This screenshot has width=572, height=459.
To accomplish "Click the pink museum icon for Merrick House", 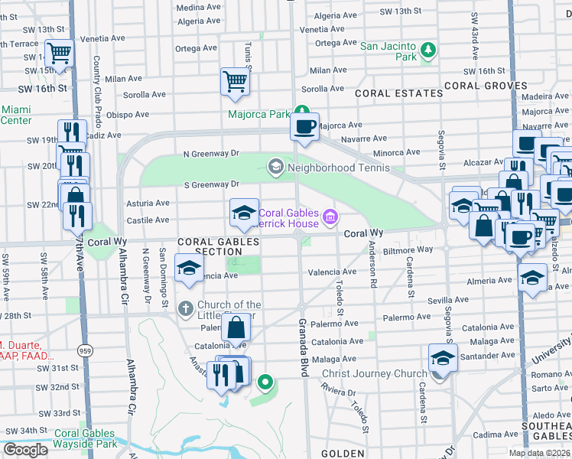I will point(330,218).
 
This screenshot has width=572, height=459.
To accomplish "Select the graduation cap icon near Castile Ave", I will point(244,213).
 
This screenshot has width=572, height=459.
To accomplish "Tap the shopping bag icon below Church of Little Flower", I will point(236,327).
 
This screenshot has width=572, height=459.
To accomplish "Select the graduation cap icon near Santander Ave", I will point(443,358).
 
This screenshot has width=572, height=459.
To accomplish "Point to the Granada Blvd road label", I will point(303,348).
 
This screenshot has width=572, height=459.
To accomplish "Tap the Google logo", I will point(25,449).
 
